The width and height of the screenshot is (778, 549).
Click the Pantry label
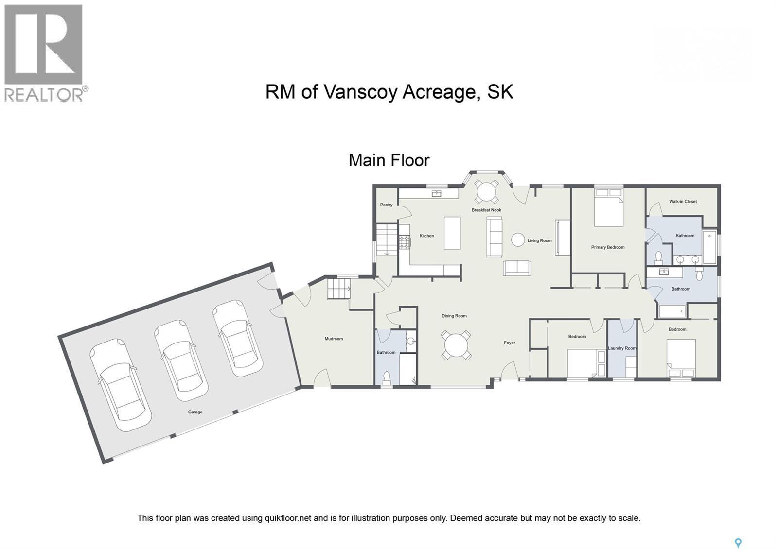click(x=386, y=205)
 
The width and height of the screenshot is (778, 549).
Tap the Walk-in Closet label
click(x=683, y=201)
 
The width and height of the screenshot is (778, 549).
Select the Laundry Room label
click(x=622, y=348)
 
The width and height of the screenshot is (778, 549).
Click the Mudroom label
click(x=334, y=339)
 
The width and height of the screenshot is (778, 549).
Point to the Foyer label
click(x=509, y=343)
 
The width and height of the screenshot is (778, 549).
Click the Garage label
click(x=195, y=412)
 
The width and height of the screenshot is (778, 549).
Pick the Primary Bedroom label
click(x=607, y=247)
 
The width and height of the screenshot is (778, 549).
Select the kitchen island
click(x=452, y=233)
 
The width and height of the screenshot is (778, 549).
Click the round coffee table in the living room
click(x=518, y=239)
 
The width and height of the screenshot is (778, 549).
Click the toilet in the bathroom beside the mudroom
click(x=387, y=377)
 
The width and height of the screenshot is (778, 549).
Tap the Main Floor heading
click(x=389, y=160)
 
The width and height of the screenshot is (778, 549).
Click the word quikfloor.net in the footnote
click(x=287, y=518)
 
